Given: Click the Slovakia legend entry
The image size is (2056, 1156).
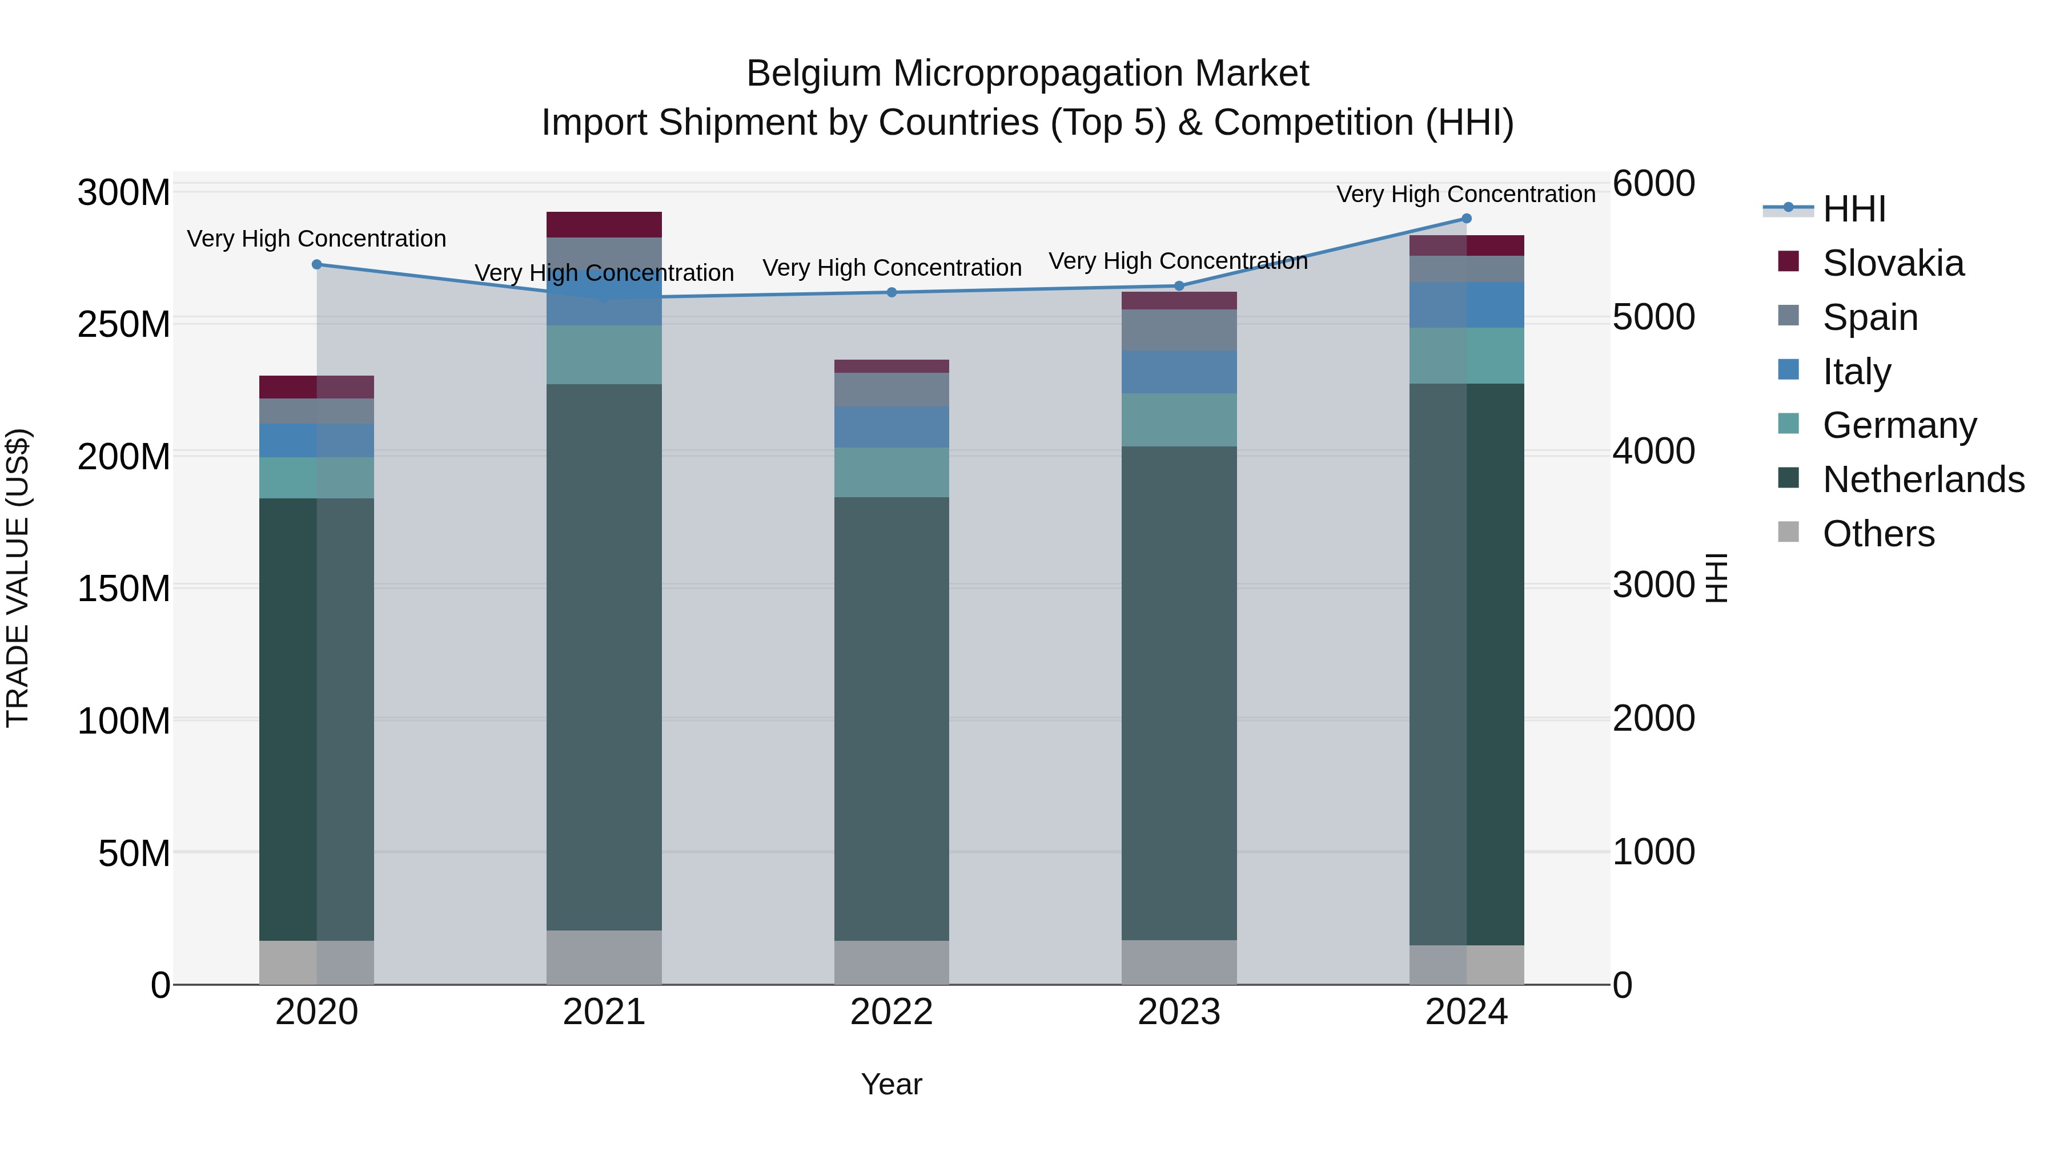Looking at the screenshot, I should (x=1892, y=263).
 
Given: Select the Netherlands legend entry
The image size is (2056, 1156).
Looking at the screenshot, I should (x=1922, y=480).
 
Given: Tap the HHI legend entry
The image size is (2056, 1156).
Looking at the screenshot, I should (x=1853, y=209).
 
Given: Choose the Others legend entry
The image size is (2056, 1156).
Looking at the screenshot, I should (x=1877, y=534).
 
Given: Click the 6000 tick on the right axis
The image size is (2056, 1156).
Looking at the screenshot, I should (x=1653, y=183).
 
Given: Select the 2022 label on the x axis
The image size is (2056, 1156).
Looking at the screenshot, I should (x=891, y=1012).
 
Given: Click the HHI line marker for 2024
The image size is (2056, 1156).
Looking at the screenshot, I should (x=1466, y=219).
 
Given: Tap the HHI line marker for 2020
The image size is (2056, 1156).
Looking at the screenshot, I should (x=317, y=264).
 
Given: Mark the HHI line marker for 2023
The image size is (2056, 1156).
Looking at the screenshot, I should (x=1179, y=285).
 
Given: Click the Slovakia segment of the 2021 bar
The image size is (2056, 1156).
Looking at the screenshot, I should (x=604, y=224).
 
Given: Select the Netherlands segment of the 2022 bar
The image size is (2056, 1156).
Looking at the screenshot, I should (x=891, y=718).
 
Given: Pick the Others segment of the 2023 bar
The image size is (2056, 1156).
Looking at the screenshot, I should (x=1179, y=961).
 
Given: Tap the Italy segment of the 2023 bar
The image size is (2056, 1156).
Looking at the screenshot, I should (x=1179, y=372).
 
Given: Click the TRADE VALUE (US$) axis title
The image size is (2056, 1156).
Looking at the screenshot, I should (x=18, y=578).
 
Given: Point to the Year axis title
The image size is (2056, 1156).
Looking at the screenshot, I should (x=891, y=1084).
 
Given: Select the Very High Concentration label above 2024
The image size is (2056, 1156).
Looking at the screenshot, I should (x=1465, y=194).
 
